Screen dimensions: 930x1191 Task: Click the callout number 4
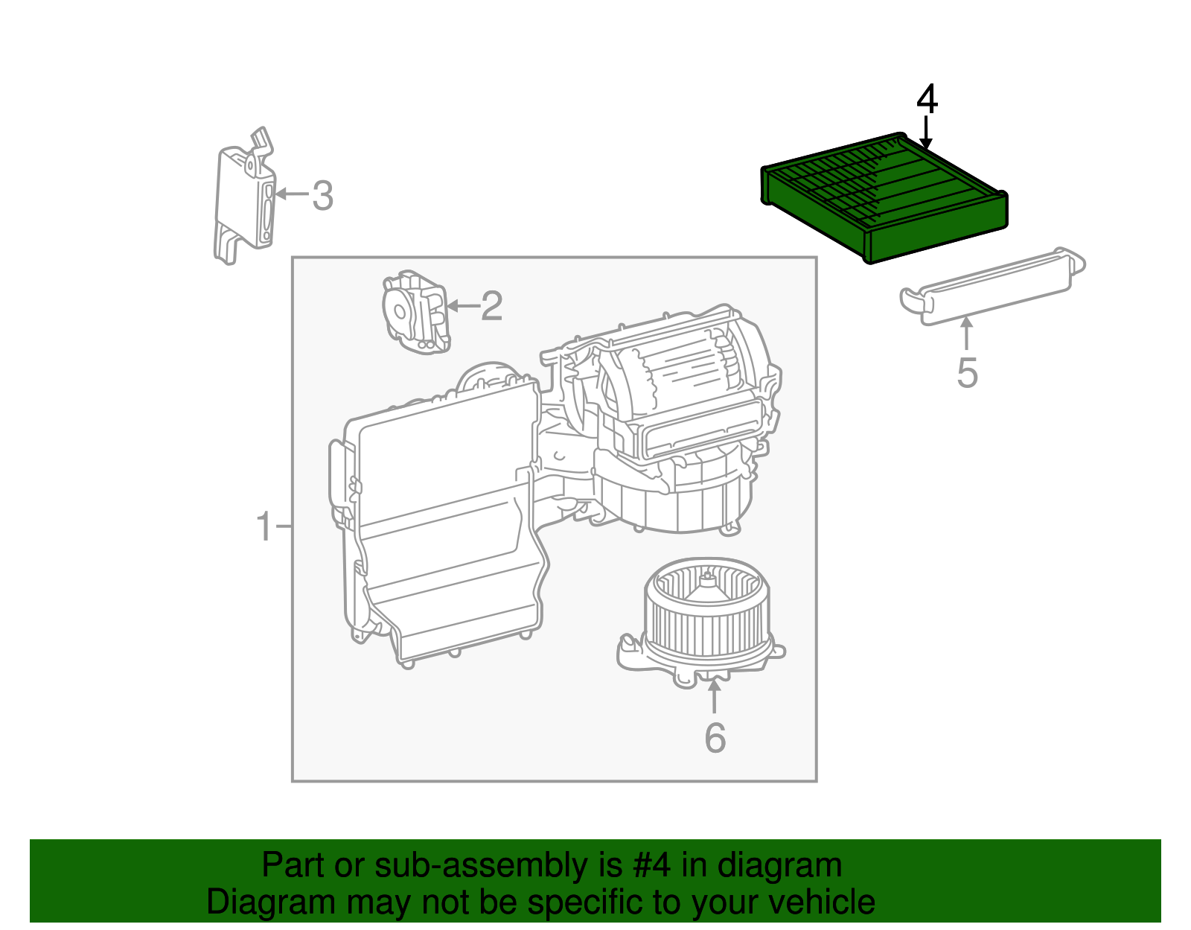point(927,100)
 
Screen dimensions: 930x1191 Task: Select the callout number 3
point(322,196)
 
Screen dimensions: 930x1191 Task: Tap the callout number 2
point(491,306)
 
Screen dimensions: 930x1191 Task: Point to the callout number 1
point(264,527)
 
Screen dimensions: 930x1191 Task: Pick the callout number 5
point(966,372)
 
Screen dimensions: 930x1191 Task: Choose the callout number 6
point(715,737)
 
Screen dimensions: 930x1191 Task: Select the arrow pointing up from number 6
point(714,698)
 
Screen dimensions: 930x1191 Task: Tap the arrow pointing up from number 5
point(966,334)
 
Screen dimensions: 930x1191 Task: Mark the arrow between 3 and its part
point(293,194)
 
